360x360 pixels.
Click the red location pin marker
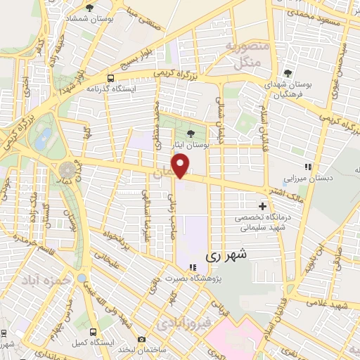pyautogui.click(x=182, y=165)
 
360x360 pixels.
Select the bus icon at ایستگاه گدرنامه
pyautogui.click(x=111, y=78)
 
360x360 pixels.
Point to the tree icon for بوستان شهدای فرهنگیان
pyautogui.click(x=287, y=72)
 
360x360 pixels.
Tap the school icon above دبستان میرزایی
pyautogui.click(x=307, y=167)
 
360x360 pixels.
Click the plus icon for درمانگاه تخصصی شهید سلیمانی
pyautogui.click(x=263, y=207)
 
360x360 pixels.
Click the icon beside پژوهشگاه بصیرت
pyautogui.click(x=193, y=266)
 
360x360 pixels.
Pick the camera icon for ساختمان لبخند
pyautogui.click(x=142, y=339)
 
